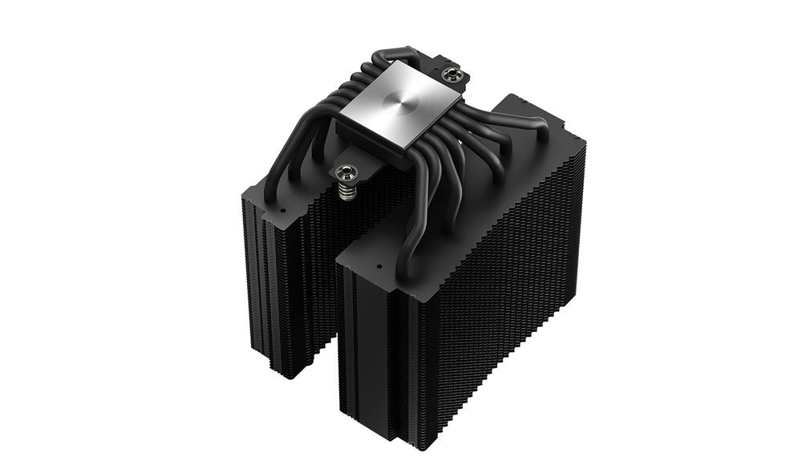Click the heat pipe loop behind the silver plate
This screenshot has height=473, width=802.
click(x=393, y=58)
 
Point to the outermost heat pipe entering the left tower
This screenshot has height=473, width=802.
click(x=277, y=172)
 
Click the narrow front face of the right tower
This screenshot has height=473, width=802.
click(x=377, y=353)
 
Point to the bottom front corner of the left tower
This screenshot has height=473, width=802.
click(x=285, y=373)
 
